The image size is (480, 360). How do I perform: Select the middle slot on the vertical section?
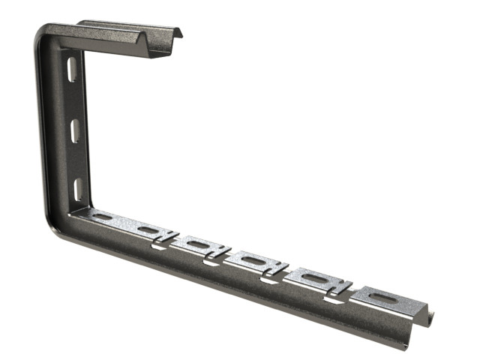[x=75, y=130]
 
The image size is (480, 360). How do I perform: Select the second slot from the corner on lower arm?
[x=149, y=230]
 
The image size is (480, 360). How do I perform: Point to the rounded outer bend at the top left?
[x=41, y=34]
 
